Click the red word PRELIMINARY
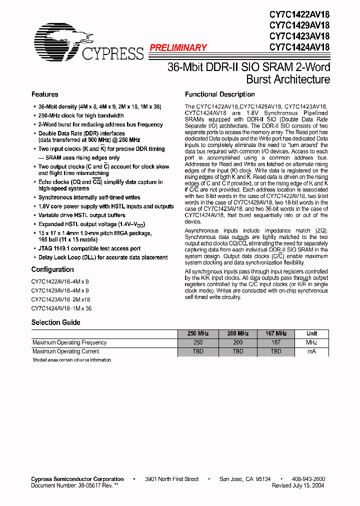click(178, 48)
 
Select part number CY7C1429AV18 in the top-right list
click(299, 25)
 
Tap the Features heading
click(44, 94)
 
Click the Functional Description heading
click(219, 94)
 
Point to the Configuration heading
click(52, 269)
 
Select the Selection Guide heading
click(55, 322)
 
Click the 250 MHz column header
click(198, 333)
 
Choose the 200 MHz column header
click(238, 333)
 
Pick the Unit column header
click(311, 333)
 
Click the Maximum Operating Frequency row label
click(69, 342)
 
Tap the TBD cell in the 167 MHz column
click(276, 351)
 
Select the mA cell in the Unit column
click(311, 351)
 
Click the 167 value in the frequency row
click(276, 342)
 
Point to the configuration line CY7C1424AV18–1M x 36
click(61, 308)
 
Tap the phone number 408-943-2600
click(308, 479)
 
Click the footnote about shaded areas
click(72, 360)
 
